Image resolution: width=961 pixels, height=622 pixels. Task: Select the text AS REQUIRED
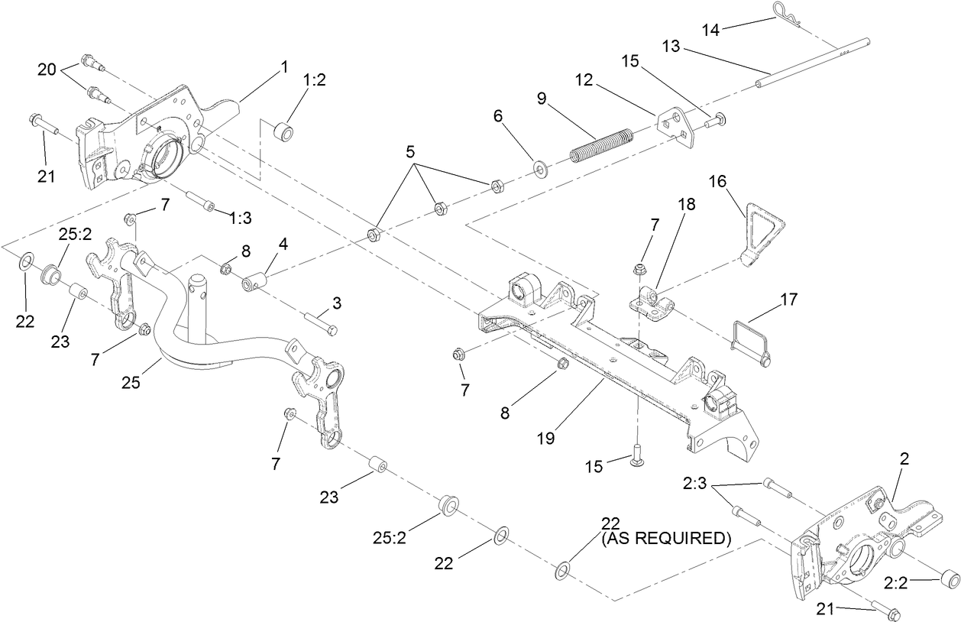pyautogui.click(x=665, y=539)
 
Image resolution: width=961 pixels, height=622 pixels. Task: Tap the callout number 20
pyautogui.click(x=47, y=69)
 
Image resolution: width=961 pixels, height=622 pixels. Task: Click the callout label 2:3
pyautogui.click(x=696, y=484)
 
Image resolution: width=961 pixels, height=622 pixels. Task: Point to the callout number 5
pyautogui.click(x=410, y=151)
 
